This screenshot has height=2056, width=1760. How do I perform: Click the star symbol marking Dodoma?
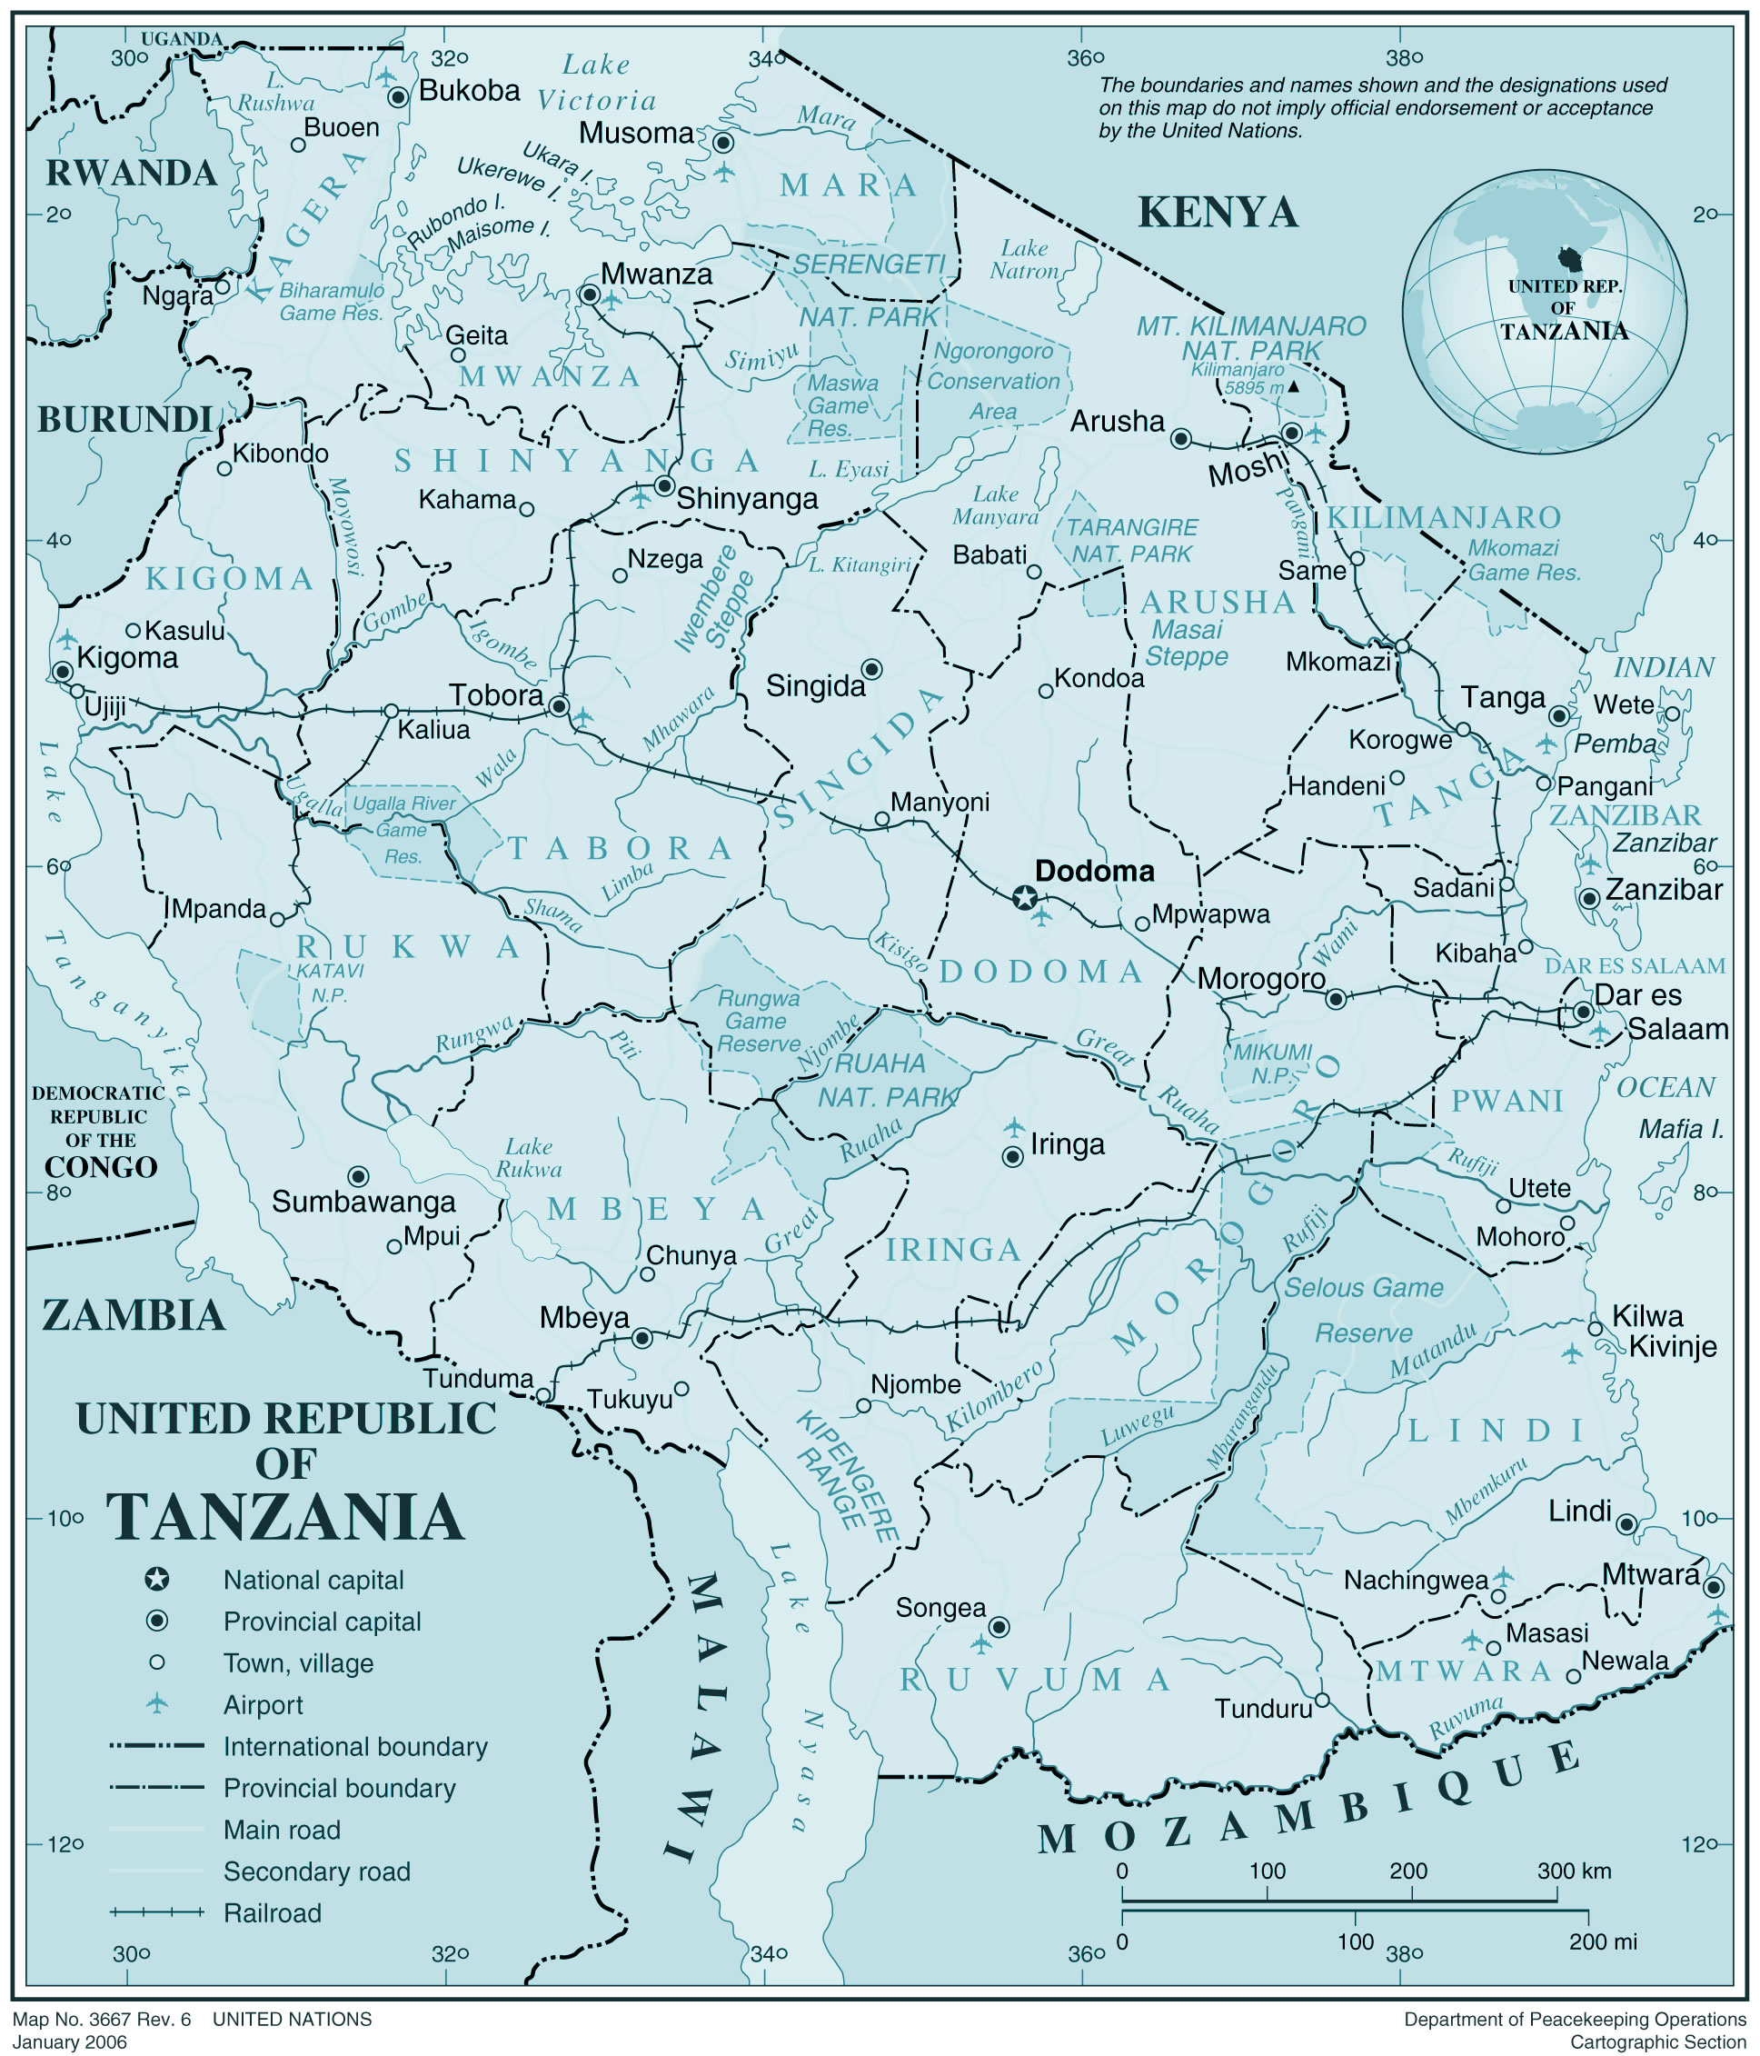click(1025, 899)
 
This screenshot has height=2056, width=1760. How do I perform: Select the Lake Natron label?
click(1024, 259)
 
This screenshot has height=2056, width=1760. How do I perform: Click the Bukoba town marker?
click(398, 97)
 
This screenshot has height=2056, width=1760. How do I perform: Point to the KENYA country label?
click(1218, 213)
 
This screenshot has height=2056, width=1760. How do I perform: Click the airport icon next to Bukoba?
click(386, 75)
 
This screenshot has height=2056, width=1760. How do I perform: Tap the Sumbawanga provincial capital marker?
click(359, 1176)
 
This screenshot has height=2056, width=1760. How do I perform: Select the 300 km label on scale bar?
click(1575, 1871)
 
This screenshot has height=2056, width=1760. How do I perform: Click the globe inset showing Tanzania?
click(1544, 311)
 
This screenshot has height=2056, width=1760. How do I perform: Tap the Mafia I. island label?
click(1680, 1128)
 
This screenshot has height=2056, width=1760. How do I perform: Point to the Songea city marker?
click(1000, 1626)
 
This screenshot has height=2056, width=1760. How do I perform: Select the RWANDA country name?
click(131, 174)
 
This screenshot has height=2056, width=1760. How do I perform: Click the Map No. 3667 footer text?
click(99, 2020)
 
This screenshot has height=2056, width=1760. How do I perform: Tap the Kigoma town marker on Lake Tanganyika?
click(63, 672)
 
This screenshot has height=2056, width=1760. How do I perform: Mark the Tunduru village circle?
click(1321, 1700)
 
